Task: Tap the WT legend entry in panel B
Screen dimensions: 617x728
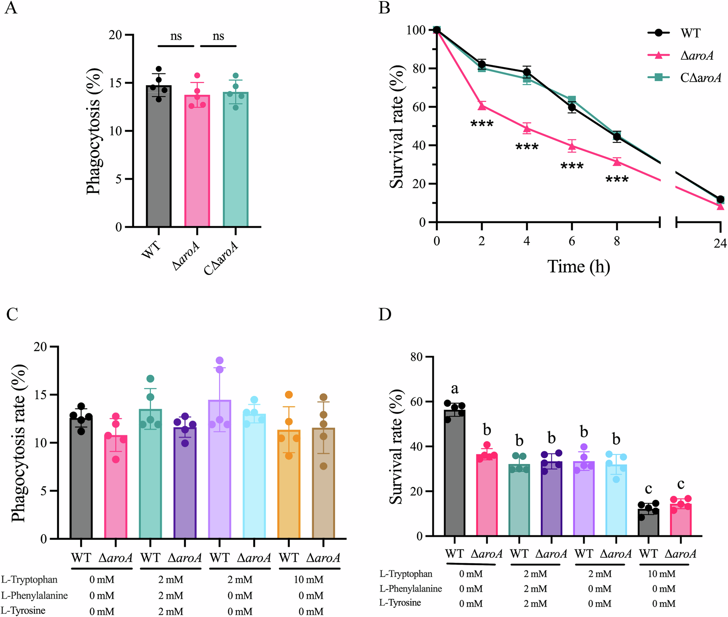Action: tap(690, 33)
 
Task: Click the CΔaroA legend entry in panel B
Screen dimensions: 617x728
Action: tap(700, 77)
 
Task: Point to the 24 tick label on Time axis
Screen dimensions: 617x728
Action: tap(720, 243)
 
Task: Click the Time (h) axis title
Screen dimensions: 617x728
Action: tap(578, 267)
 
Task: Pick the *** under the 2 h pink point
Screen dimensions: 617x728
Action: tap(482, 124)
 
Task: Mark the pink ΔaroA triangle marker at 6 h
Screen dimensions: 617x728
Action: tap(572, 147)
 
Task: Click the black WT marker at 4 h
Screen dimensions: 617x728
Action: tap(527, 72)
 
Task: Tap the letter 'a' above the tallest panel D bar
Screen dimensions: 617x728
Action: tap(455, 389)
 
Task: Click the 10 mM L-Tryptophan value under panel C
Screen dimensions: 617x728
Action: tap(308, 580)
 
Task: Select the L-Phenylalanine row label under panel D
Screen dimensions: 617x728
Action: tap(410, 589)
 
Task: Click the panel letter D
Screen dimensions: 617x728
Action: tap(385, 314)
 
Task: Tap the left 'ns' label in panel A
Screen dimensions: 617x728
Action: tap(176, 36)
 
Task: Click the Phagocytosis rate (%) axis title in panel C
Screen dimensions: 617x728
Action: tap(19, 443)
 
